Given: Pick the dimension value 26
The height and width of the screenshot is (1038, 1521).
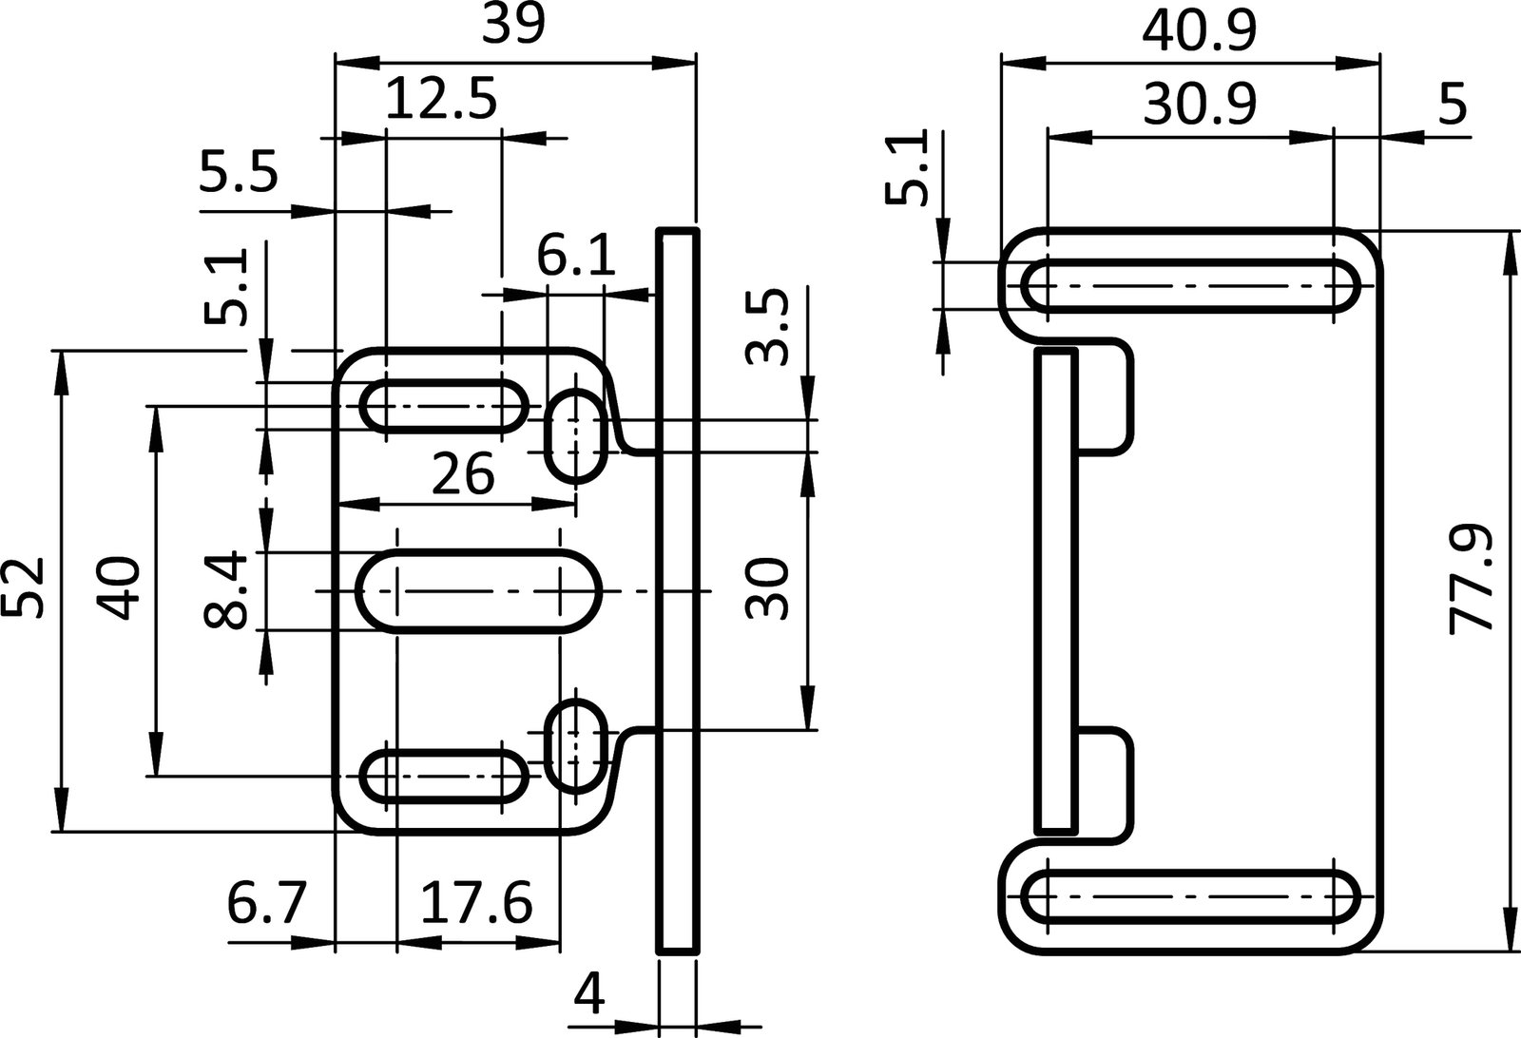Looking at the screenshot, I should click(463, 473).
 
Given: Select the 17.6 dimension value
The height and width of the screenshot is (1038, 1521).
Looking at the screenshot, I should click(475, 903).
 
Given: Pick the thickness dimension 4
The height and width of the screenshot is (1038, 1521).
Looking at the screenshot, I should click(590, 994).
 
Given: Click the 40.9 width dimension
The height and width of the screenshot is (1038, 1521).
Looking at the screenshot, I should click(1199, 30).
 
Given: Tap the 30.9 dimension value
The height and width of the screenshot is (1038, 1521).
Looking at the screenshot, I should click(1199, 105).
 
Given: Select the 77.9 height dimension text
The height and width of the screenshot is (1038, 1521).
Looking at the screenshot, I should click(1472, 580).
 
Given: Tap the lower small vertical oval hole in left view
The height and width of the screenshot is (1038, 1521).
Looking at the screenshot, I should click(577, 747).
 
